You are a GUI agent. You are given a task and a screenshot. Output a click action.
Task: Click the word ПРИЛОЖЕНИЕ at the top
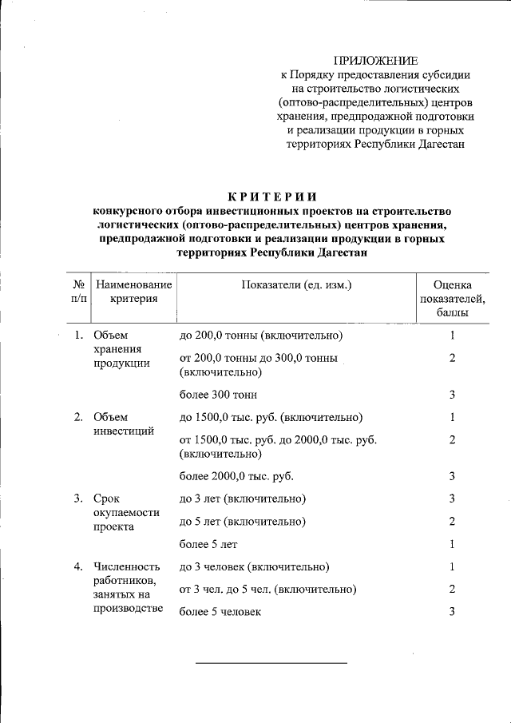(374, 60)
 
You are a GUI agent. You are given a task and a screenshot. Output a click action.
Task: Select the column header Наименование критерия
(133, 292)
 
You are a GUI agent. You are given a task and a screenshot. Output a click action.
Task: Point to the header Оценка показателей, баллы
(452, 299)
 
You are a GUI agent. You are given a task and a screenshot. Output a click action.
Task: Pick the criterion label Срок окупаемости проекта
(125, 513)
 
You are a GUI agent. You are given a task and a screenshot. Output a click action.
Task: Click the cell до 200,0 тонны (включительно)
(261, 335)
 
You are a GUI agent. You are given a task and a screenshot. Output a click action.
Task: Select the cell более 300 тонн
(219, 395)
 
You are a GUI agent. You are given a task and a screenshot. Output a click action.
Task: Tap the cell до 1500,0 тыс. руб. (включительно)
(271, 417)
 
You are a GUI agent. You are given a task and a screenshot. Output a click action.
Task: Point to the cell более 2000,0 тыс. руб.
(236, 477)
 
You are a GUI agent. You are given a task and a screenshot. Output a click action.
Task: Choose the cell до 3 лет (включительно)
(243, 499)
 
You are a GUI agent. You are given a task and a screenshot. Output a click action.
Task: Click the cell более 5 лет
(208, 545)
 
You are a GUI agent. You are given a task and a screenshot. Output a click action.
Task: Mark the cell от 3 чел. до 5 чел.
(267, 590)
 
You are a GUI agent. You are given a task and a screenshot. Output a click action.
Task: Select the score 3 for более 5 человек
(452, 612)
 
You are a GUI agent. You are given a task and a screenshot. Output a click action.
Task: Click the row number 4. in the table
(78, 567)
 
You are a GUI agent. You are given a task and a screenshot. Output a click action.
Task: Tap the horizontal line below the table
(271, 663)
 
